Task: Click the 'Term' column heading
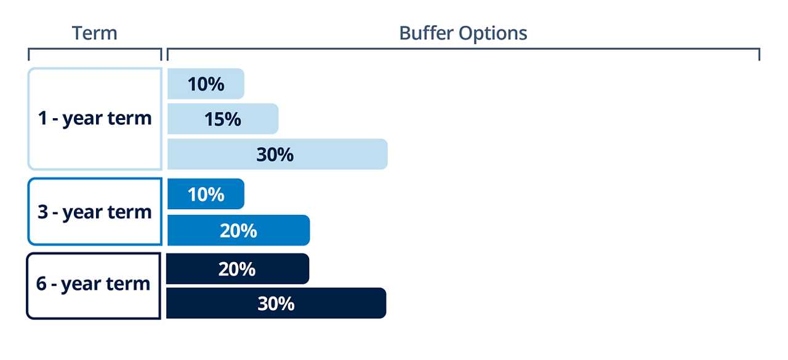[94, 33]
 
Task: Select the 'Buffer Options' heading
[463, 33]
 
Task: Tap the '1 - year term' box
[94, 118]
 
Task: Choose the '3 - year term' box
[94, 212]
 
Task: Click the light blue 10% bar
[206, 84]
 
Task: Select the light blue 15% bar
[223, 119]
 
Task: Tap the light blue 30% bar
[277, 154]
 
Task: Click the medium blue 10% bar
[206, 194]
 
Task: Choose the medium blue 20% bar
[238, 230]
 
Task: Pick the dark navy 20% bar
[238, 269]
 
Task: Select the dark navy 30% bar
[276, 303]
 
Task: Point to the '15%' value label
[223, 119]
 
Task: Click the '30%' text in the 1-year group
[275, 154]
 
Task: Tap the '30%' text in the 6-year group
[276, 303]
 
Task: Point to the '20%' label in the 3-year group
[238, 230]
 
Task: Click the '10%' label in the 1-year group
[206, 84]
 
